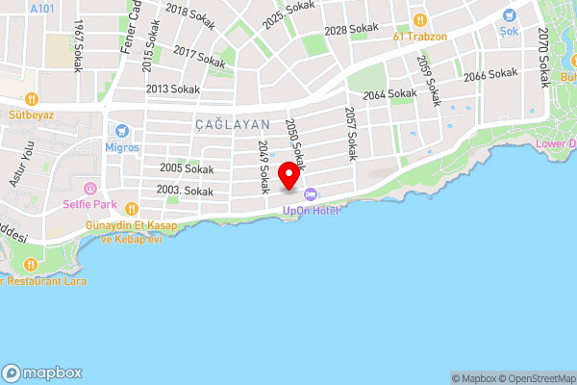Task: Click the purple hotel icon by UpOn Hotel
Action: (310, 195)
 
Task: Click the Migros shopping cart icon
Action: (122, 132)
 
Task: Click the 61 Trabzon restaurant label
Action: (420, 37)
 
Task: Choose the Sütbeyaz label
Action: (31, 113)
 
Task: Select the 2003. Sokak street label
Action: (186, 192)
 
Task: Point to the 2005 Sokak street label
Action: (187, 168)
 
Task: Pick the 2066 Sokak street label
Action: (489, 75)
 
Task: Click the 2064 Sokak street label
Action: (389, 94)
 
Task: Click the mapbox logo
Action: (43, 372)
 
